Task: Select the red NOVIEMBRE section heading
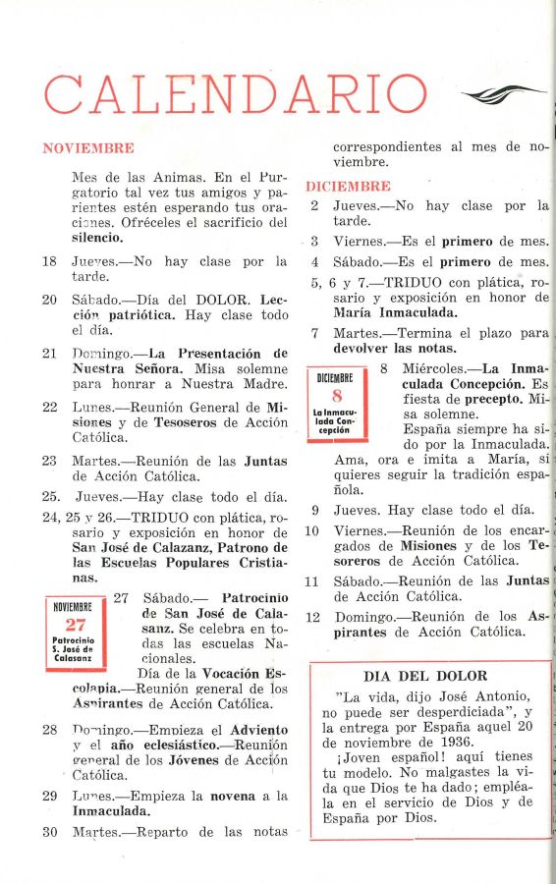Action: pyautogui.click(x=88, y=148)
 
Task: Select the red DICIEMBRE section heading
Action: pyautogui.click(x=348, y=186)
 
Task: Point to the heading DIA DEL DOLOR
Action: pyautogui.click(x=425, y=677)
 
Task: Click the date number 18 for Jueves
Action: pyautogui.click(x=50, y=262)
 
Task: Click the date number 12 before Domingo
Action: pyautogui.click(x=312, y=617)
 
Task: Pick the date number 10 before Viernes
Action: pyautogui.click(x=312, y=530)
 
